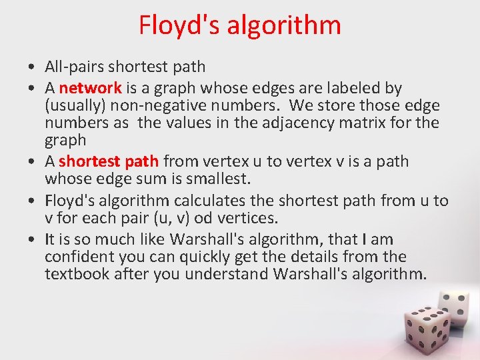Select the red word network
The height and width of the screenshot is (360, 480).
pos(90,87)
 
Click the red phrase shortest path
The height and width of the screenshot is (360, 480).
pos(109,161)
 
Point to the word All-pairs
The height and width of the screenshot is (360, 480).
pos(74,67)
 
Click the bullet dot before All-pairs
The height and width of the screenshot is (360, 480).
pos(32,67)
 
